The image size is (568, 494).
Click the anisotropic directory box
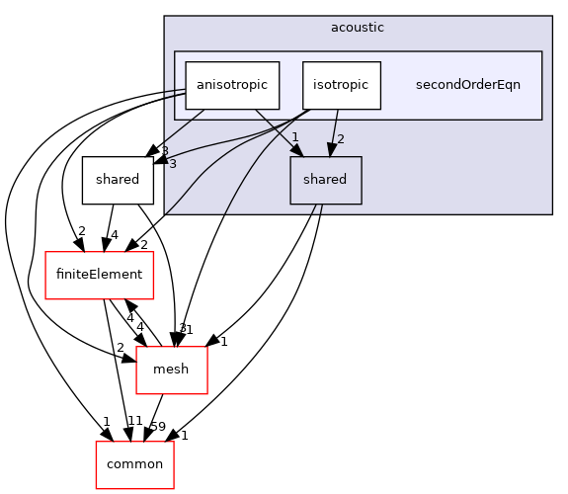coord(232,85)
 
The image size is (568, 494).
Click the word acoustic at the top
coord(358,27)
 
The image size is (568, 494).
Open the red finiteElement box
coord(101,275)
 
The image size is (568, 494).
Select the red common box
coord(134,463)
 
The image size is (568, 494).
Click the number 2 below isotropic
coord(342,137)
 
